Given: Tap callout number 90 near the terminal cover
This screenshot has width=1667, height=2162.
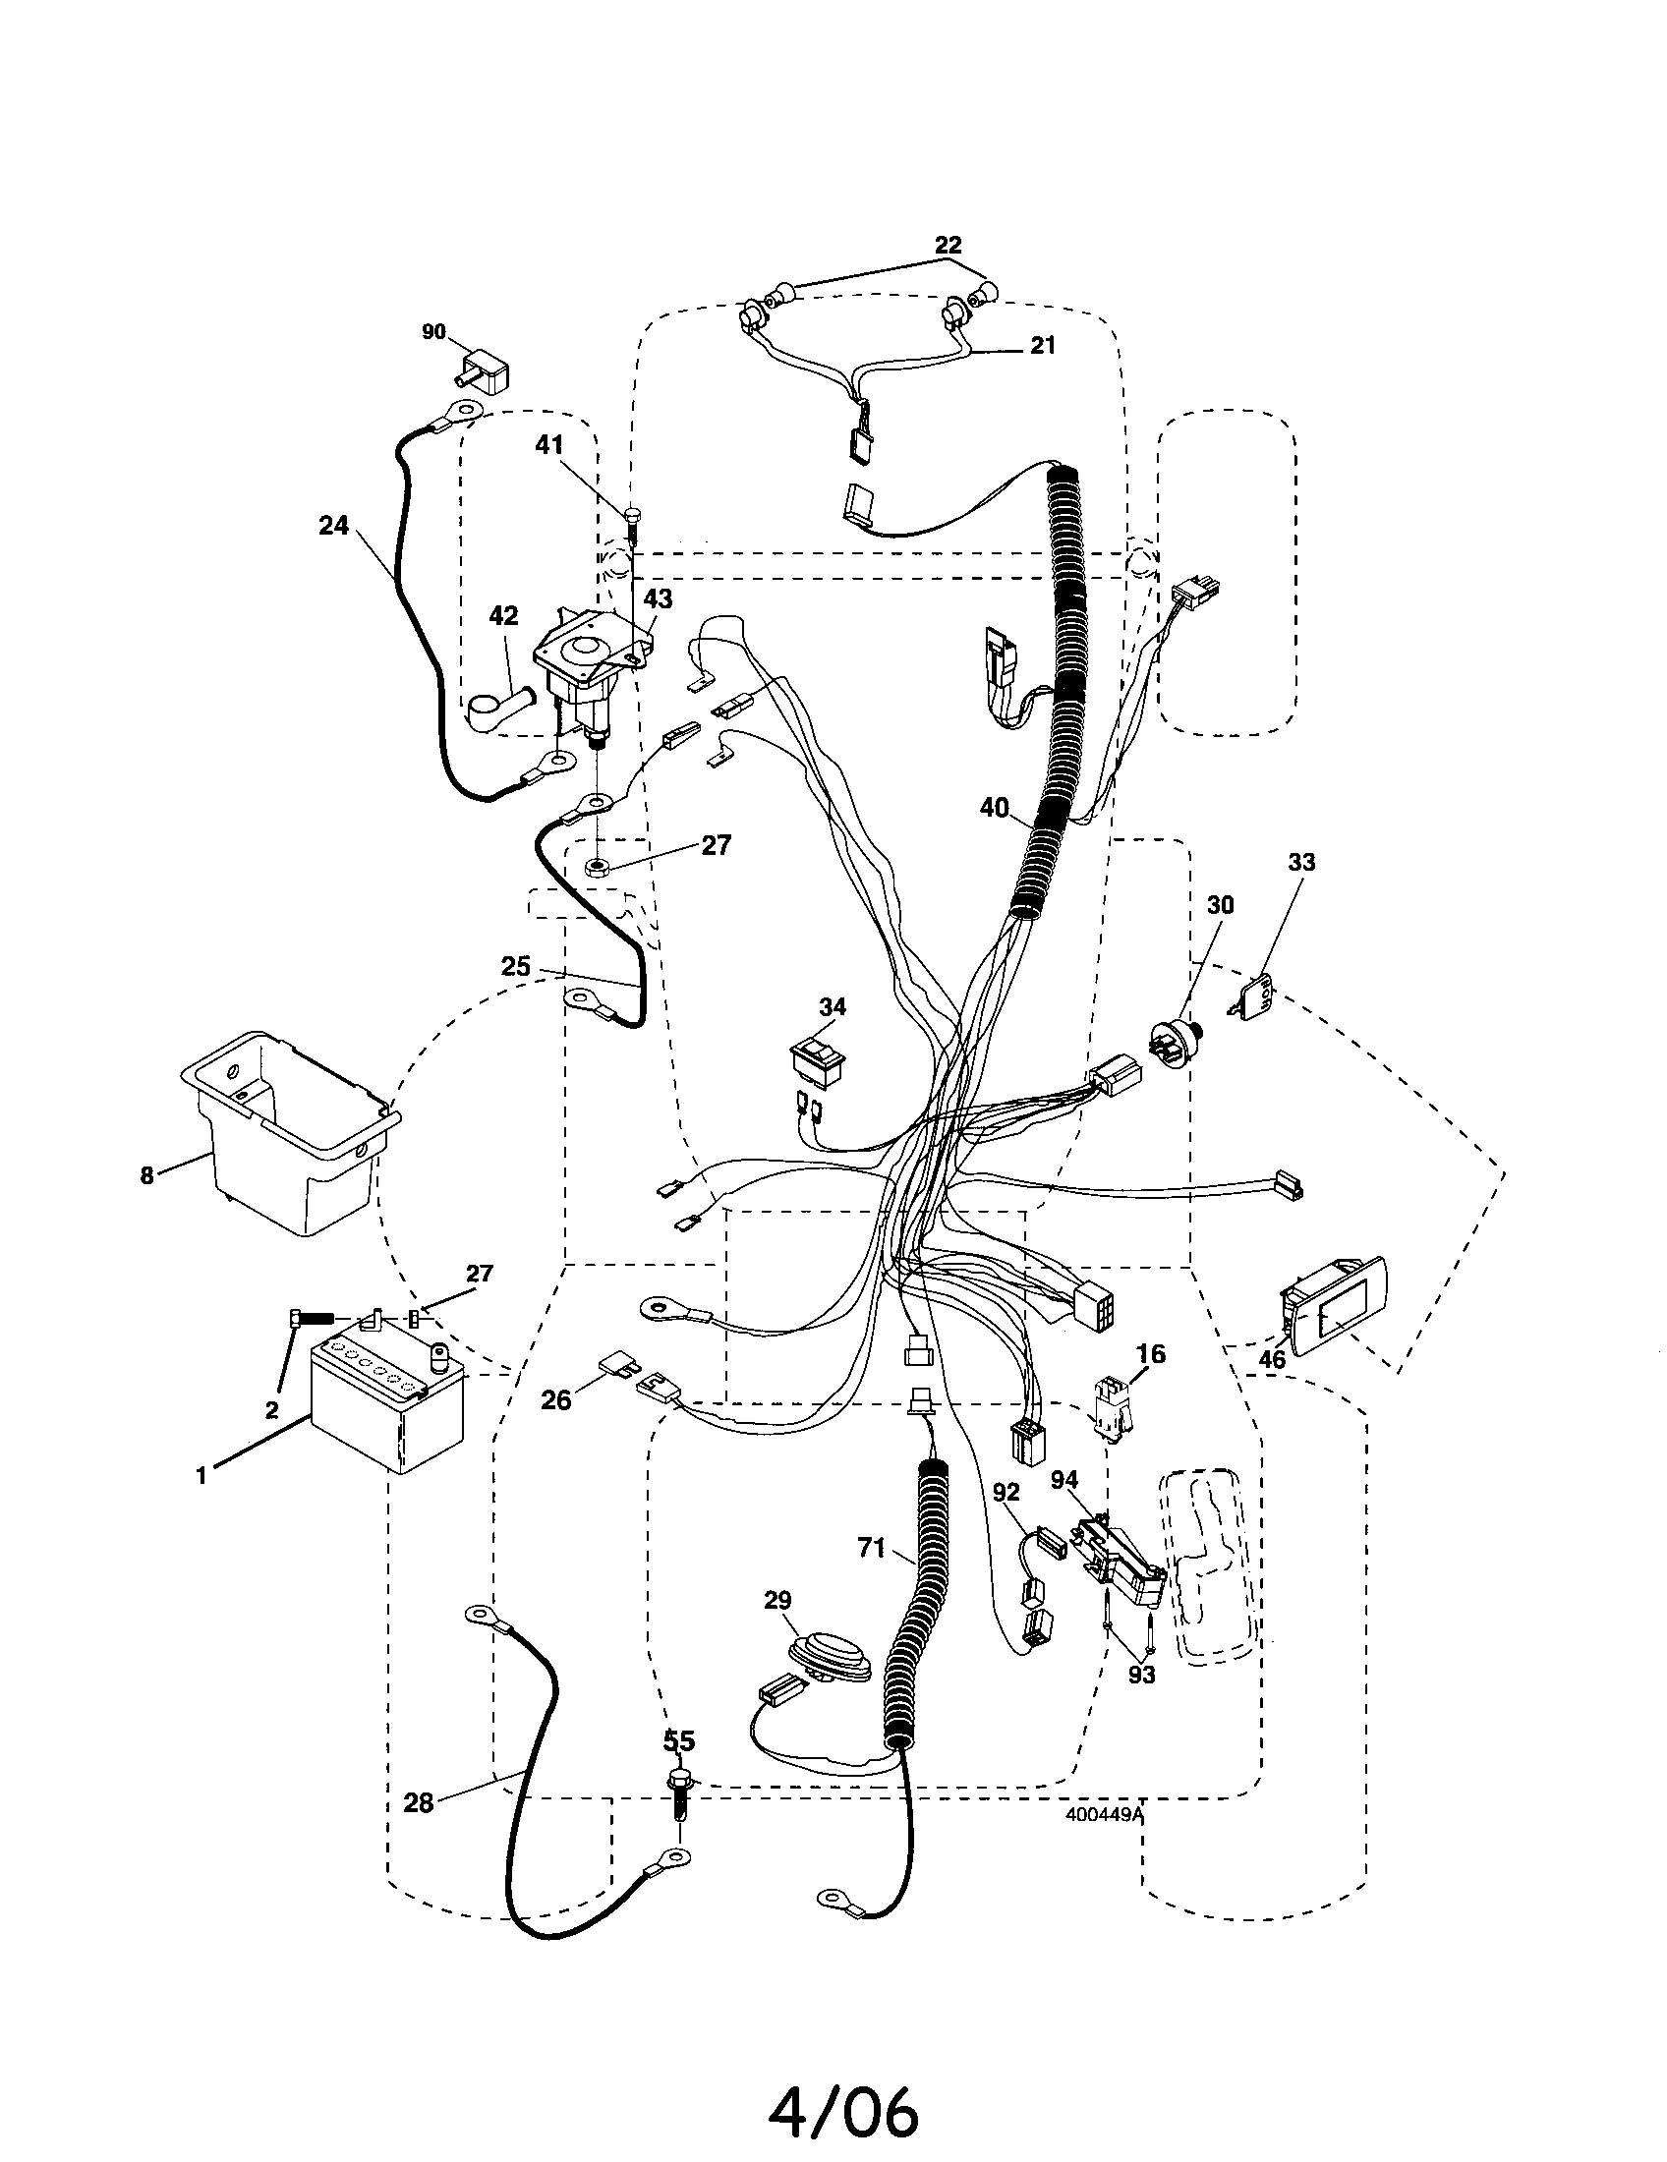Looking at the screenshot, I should pyautogui.click(x=433, y=332).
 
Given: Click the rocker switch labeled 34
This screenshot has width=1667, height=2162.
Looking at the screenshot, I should pyautogui.click(x=817, y=1060).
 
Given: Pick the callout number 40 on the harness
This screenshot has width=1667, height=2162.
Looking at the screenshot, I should pyautogui.click(x=994, y=808).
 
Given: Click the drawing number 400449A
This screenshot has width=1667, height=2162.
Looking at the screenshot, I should pyautogui.click(x=1104, y=1814).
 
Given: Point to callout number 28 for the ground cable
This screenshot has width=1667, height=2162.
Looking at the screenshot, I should pyautogui.click(x=419, y=1802).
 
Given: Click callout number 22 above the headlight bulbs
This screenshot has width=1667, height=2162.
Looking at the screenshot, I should pyautogui.click(x=948, y=244).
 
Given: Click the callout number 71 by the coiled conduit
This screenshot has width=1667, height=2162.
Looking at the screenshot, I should pyautogui.click(x=871, y=1547).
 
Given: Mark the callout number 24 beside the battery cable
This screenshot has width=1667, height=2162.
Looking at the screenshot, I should pyautogui.click(x=333, y=526).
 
